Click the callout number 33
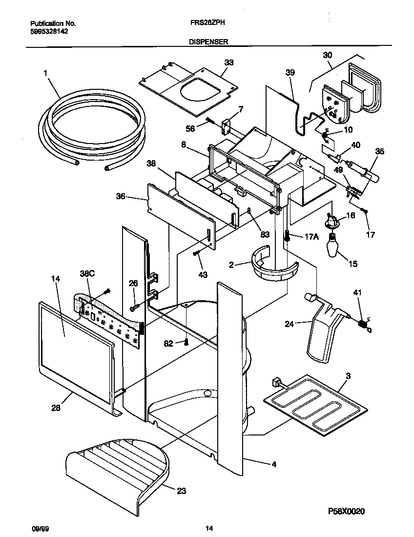coord(229,62)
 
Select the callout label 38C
coord(86,275)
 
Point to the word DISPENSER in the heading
coord(208,42)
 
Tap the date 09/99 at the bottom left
coord(37,528)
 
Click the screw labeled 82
coord(186,342)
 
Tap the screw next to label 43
coord(196,253)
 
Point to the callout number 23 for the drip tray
coord(181,491)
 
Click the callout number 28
coord(56,408)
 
